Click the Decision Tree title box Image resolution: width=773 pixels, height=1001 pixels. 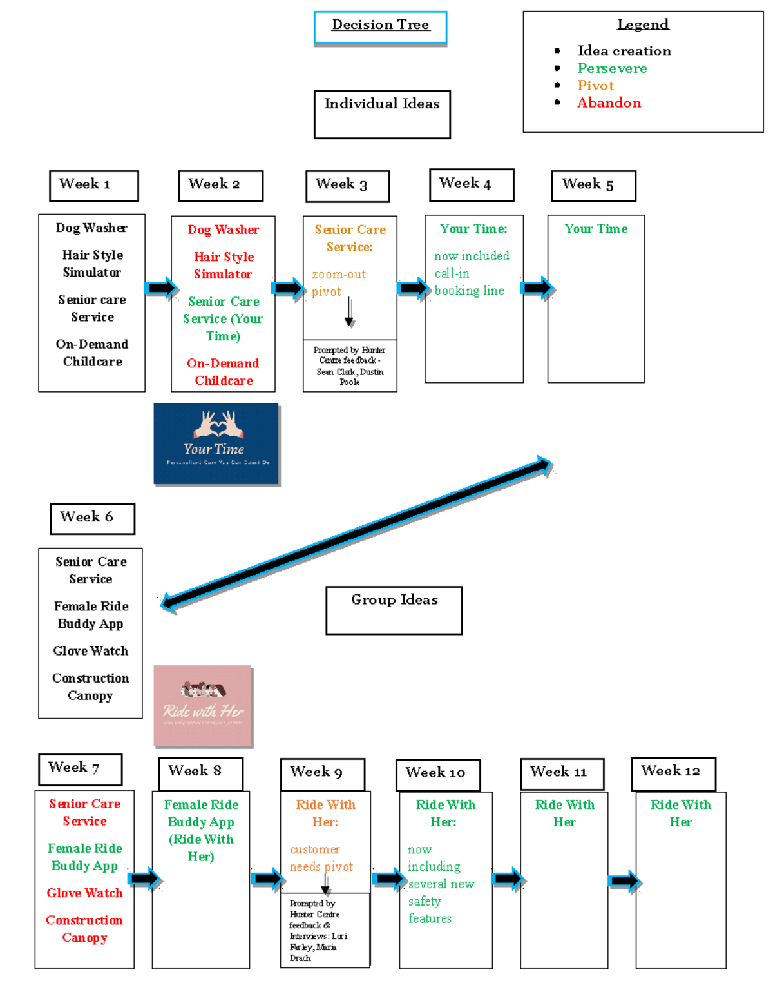380,27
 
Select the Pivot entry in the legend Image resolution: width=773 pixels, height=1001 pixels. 595,86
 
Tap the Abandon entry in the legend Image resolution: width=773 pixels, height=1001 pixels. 609,103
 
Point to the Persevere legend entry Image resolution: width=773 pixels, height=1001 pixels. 612,68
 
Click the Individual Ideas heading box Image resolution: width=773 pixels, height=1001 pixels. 382,114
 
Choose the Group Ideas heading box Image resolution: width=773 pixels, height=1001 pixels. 394,610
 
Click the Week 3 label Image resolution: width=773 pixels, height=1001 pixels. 347,186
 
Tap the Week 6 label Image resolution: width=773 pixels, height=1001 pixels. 92,518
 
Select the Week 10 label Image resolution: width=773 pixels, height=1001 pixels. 437,774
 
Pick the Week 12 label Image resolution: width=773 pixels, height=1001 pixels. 673,773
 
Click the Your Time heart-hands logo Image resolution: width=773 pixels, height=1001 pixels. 216,443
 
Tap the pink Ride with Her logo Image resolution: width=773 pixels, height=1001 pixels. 203,705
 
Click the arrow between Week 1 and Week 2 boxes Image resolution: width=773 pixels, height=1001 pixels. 160,287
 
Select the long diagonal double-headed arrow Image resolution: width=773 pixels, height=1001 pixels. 356,533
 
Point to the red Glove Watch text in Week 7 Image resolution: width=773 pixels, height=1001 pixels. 84,893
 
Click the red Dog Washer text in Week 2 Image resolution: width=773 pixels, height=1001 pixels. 223,230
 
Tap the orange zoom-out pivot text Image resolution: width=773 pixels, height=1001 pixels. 338,283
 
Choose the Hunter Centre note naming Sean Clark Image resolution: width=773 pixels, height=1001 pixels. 350,365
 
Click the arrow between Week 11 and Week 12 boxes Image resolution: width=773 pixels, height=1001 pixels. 623,880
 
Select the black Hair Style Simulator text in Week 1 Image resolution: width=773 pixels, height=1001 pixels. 92,264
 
